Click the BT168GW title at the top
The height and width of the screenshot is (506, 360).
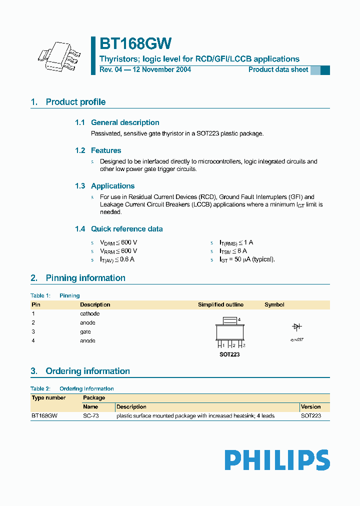click(x=135, y=44)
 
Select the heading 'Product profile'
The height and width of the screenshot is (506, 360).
click(x=75, y=102)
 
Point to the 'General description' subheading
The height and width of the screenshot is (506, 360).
click(x=125, y=122)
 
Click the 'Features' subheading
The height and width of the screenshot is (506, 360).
click(x=106, y=150)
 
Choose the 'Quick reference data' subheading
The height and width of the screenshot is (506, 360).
click(x=126, y=229)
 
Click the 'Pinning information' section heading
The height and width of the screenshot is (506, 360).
click(x=85, y=278)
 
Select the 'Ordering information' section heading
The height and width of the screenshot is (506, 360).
click(x=87, y=371)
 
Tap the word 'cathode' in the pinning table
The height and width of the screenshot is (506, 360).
click(x=90, y=313)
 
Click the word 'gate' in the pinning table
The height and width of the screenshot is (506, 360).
click(x=85, y=331)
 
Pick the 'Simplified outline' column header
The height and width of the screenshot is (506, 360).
click(x=220, y=304)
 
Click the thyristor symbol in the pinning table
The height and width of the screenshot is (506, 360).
click(x=297, y=326)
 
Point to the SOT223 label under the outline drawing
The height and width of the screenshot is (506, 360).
click(x=229, y=354)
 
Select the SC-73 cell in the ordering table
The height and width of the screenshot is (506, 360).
click(x=90, y=416)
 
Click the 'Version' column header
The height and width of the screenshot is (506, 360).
click(x=311, y=407)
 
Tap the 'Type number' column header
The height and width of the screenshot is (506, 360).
click(x=48, y=398)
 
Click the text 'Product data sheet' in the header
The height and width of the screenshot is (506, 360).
click(x=278, y=70)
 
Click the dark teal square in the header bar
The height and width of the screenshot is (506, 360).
click(x=325, y=70)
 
